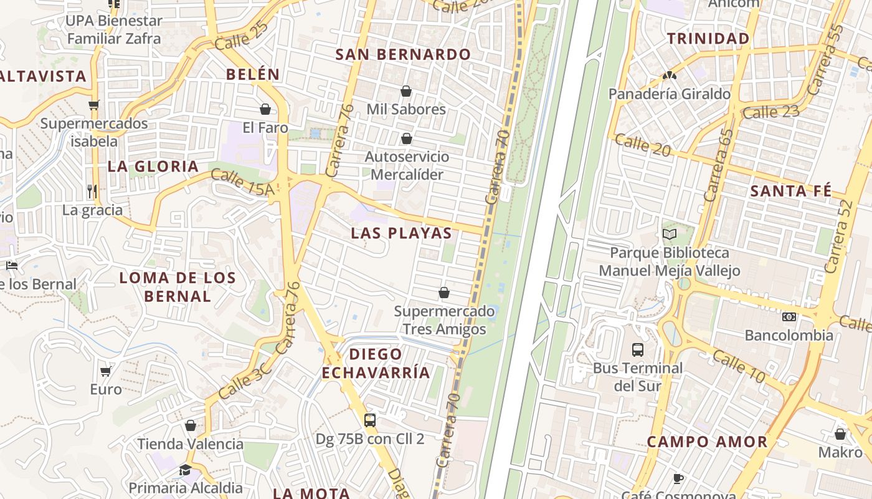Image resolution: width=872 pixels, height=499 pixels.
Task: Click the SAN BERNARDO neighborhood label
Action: [403, 54]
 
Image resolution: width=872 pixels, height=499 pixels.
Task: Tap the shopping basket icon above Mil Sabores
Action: [406, 92]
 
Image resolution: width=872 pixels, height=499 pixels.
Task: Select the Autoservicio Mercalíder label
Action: [407, 165]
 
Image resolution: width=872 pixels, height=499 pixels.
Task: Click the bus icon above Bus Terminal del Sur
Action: [638, 349]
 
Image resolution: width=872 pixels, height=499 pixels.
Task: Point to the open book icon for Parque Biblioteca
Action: [670, 235]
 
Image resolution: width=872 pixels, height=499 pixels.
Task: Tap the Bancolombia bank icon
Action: [789, 317]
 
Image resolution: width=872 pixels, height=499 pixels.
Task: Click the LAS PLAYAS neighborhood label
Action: [401, 233]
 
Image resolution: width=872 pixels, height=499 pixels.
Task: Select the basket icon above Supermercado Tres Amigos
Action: [444, 293]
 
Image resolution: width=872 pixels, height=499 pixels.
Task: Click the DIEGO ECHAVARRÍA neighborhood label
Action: [376, 364]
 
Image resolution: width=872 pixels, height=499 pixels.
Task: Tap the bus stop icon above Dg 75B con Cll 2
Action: [370, 420]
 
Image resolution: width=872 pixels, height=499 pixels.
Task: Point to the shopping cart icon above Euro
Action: [106, 371]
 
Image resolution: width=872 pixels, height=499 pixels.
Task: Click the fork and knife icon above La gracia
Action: [92, 191]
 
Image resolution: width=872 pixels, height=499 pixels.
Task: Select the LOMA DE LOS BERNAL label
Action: [178, 287]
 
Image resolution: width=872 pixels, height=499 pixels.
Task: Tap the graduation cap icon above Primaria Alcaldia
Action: [185, 470]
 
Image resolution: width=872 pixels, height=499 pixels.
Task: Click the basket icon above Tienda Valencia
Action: [191, 425]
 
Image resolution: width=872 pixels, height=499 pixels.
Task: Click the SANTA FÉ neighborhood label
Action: [791, 191]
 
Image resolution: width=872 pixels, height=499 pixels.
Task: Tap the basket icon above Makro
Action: [840, 434]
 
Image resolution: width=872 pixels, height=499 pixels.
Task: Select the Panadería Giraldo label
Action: [670, 94]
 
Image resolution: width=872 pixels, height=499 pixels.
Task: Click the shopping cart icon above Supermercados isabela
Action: [94, 105]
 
